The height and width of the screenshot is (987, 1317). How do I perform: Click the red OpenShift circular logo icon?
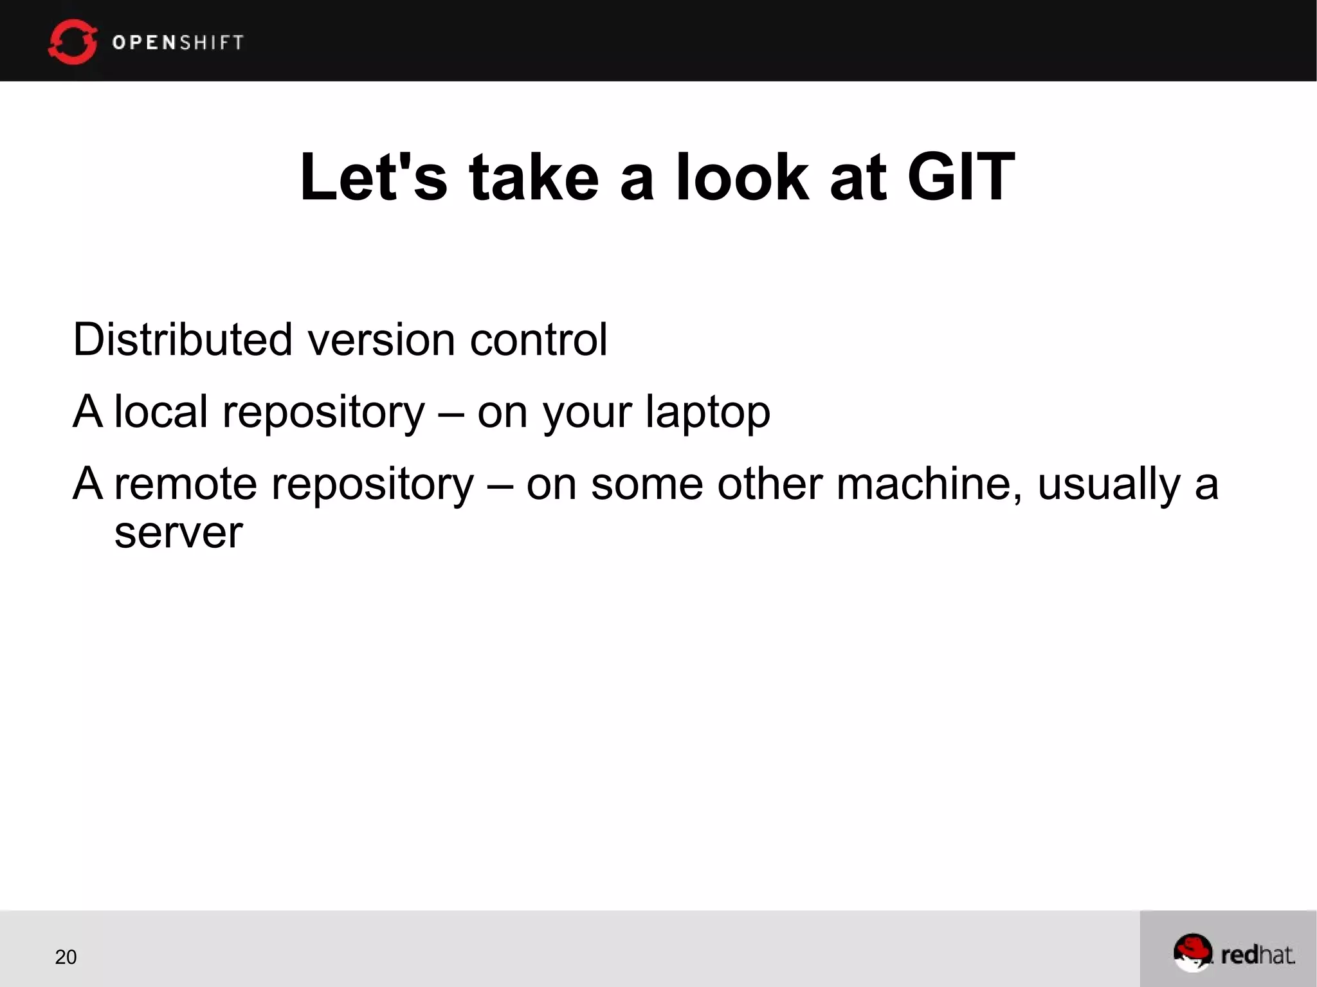pyautogui.click(x=72, y=42)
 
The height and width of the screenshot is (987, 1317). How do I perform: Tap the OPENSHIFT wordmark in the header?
pyautogui.click(x=178, y=42)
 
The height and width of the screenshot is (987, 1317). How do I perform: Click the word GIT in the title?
pyautogui.click(x=961, y=177)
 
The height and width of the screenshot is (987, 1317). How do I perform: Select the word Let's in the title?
pyautogui.click(x=374, y=177)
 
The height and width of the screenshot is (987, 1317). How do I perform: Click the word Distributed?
pyautogui.click(x=183, y=340)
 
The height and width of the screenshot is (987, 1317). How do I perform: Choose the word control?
pyautogui.click(x=538, y=340)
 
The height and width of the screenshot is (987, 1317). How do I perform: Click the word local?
pyautogui.click(x=161, y=412)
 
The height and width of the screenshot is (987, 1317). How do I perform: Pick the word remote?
pyautogui.click(x=186, y=484)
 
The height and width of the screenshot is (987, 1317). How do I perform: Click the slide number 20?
pyautogui.click(x=66, y=957)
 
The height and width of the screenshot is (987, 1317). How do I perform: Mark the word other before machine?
pyautogui.click(x=770, y=484)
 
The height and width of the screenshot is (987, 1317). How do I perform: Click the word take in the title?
pyautogui.click(x=534, y=177)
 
